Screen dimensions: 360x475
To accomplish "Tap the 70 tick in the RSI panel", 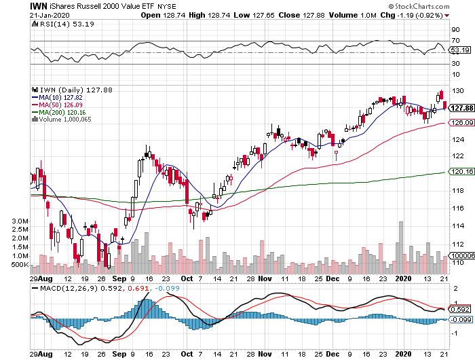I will point(456,41).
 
